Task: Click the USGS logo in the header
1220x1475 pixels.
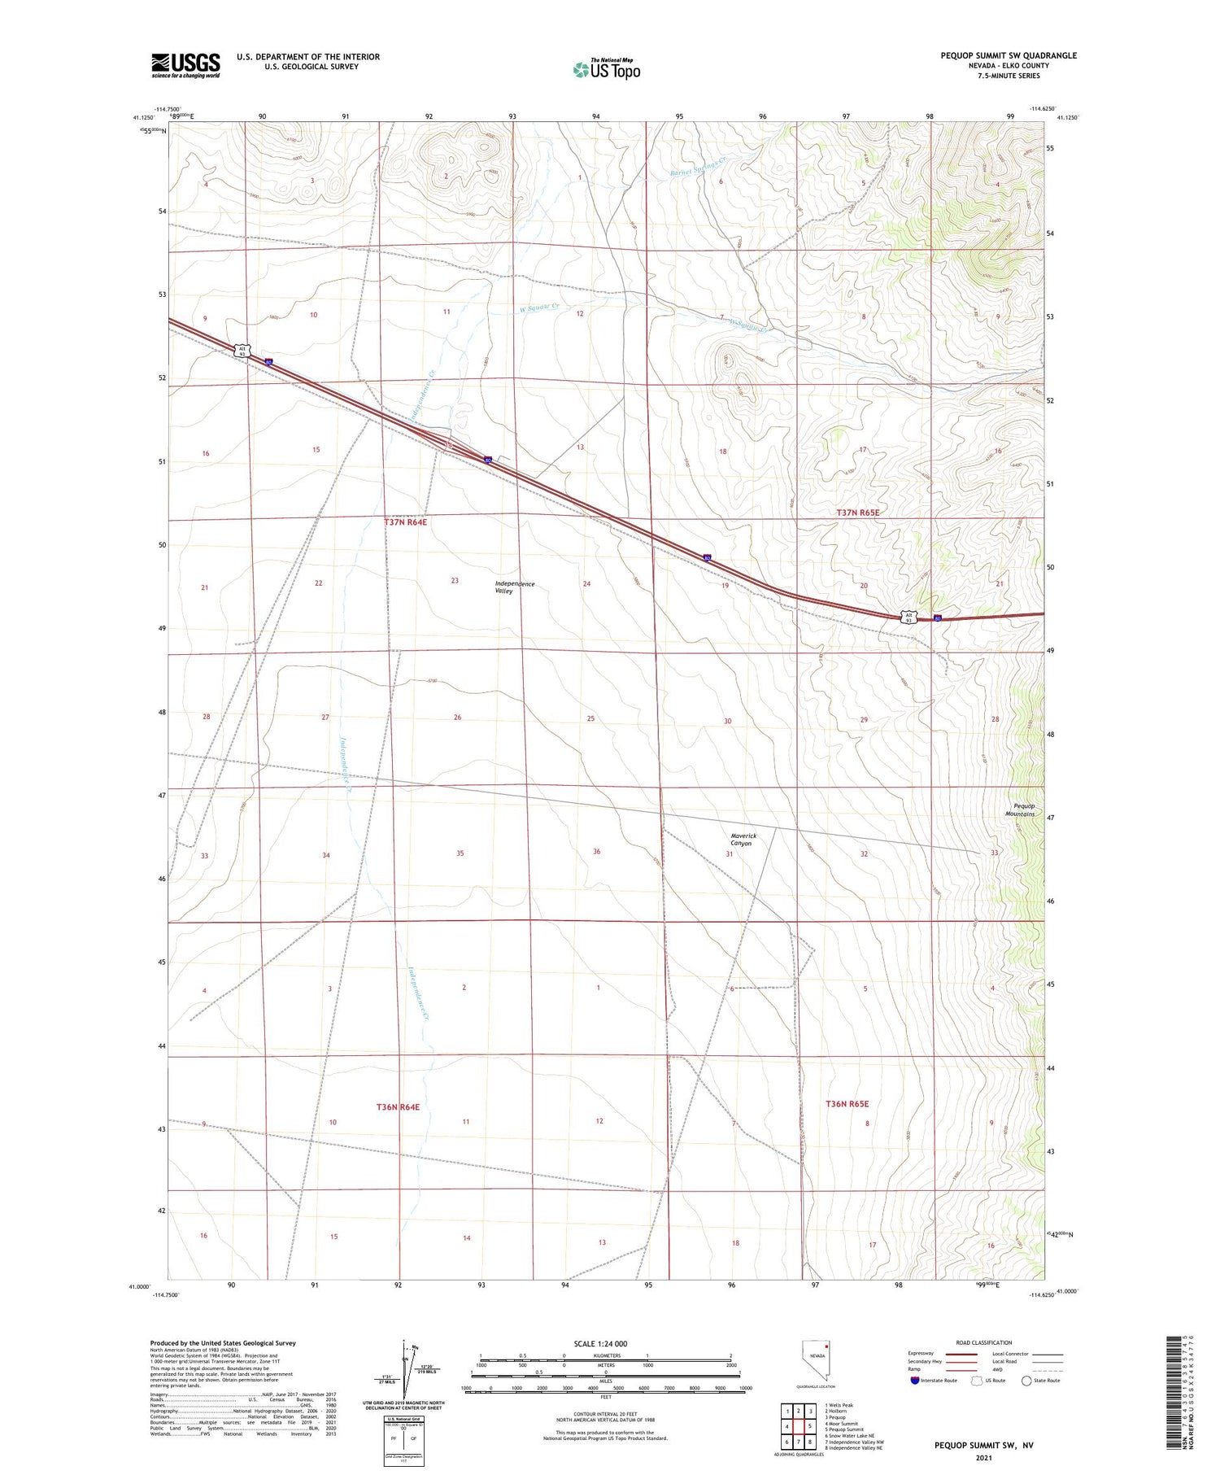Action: point(185,65)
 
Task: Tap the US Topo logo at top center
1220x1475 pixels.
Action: point(606,69)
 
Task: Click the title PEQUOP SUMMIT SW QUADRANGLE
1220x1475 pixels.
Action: point(1008,55)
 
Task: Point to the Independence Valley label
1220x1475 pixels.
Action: point(515,587)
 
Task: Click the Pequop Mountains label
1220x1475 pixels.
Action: point(1019,810)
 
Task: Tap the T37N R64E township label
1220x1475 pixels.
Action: point(405,522)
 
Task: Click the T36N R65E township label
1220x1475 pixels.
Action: point(847,1104)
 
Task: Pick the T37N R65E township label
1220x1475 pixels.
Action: point(857,513)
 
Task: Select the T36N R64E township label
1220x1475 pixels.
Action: point(398,1107)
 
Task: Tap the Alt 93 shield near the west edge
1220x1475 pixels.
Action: point(242,351)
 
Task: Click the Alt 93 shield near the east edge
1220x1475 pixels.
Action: point(910,617)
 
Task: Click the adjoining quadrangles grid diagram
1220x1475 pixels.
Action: point(799,1425)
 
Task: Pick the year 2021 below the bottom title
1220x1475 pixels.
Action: point(985,1457)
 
